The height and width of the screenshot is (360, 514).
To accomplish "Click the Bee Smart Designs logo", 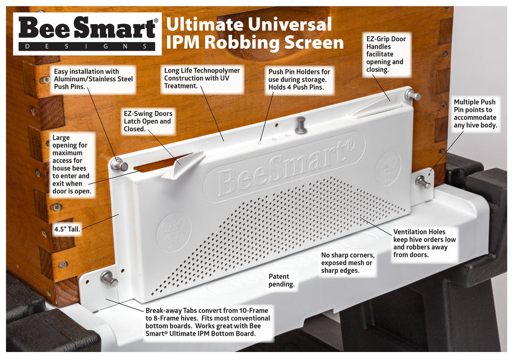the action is pos(87,34).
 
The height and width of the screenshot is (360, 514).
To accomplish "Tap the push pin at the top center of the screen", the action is pos(300,126).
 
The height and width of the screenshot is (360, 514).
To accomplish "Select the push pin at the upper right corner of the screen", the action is pos(412,95).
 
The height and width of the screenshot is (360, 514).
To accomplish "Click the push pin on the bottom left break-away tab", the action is pos(109,279).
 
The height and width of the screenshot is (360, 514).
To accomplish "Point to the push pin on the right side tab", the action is pos(423,182).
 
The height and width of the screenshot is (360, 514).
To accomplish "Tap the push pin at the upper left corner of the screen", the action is pos(119,164).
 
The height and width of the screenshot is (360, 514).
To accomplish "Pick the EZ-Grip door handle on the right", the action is pos(376,107).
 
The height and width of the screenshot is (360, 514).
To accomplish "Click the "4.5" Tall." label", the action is pos(67,229).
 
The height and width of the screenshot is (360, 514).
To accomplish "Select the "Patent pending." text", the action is pos(282,280).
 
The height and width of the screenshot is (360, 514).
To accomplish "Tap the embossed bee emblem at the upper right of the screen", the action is pos(388,168).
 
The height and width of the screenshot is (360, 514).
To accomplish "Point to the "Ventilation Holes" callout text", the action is pos(425,243).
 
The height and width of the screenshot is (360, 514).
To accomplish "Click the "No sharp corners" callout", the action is pos(347,263).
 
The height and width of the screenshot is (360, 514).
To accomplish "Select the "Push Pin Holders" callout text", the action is pos(299,79).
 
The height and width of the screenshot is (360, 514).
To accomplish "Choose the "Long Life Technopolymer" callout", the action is pos(202,78).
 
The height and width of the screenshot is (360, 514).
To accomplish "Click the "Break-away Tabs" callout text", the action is pos(208,322).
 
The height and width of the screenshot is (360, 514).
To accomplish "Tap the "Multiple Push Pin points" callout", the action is pos(475,113).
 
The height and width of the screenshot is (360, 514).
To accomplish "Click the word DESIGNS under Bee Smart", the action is pos(87,46).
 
